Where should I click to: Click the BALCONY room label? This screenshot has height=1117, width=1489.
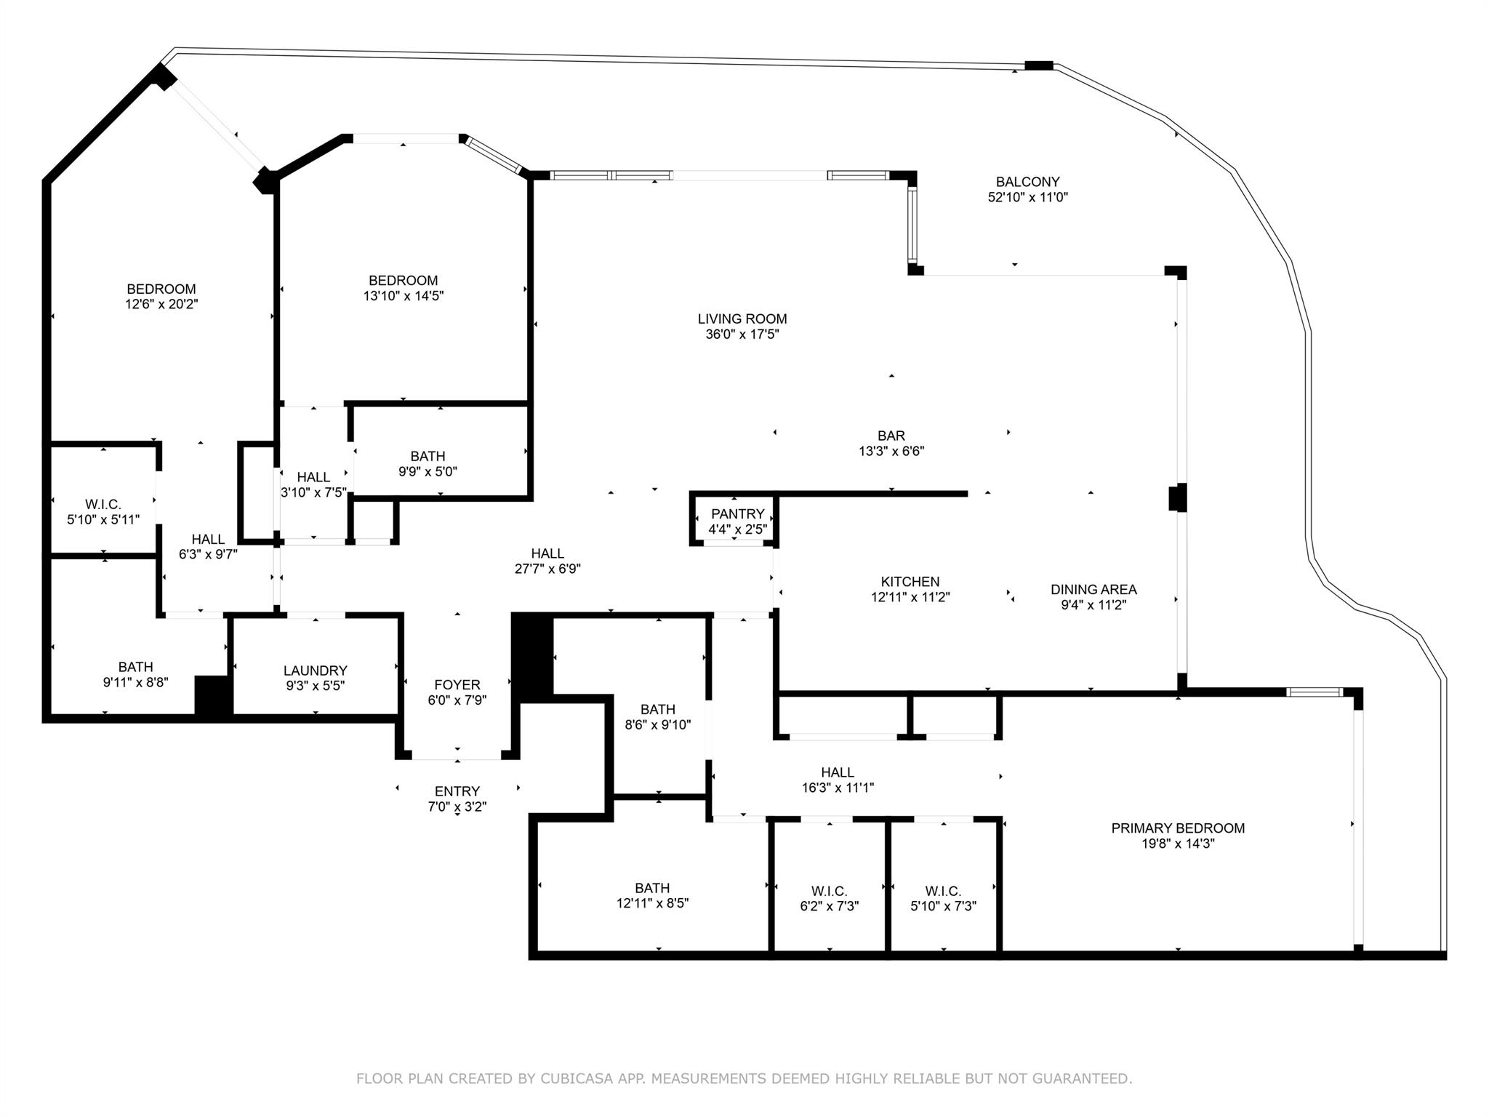tap(1027, 182)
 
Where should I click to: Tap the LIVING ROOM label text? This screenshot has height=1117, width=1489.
tap(742, 319)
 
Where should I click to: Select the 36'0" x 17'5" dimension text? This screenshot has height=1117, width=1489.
tap(742, 335)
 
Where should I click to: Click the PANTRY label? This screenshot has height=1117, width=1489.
tap(737, 514)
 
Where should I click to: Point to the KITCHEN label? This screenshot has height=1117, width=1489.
tap(910, 582)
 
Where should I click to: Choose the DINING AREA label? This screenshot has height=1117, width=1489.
tap(1093, 590)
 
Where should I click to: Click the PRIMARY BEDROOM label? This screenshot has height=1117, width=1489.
tap(1177, 828)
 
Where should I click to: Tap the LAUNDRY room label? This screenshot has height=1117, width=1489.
tap(315, 670)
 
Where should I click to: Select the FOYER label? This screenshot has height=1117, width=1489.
tap(457, 684)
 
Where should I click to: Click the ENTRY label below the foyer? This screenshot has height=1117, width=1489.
tap(457, 791)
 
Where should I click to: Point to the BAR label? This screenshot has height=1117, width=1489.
tap(891, 436)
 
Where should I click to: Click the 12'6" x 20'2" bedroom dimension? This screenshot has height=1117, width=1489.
tap(161, 305)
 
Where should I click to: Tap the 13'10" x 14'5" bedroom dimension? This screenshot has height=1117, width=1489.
tap(403, 296)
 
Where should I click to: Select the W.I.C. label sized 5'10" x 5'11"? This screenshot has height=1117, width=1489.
tap(103, 504)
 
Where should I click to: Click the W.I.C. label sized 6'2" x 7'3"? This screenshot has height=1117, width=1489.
tap(829, 891)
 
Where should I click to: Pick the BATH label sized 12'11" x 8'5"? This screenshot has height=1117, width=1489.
tap(651, 888)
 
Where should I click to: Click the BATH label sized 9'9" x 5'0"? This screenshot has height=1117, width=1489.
tap(428, 456)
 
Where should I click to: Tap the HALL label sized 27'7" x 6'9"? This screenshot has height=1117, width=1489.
tap(547, 553)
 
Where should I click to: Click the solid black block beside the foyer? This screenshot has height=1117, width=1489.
tap(532, 656)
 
